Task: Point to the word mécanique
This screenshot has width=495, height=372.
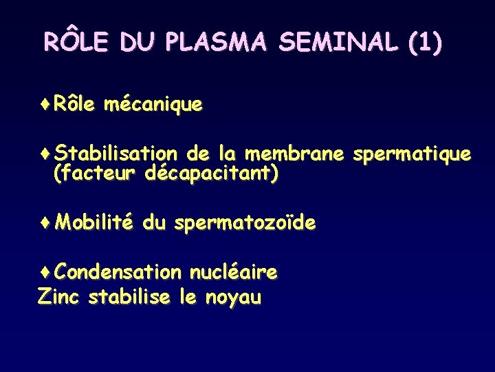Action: click(153, 105)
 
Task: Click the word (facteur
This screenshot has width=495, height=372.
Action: click(96, 174)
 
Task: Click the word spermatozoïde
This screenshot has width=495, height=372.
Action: click(245, 223)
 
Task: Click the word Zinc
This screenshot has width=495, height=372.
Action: click(60, 298)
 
